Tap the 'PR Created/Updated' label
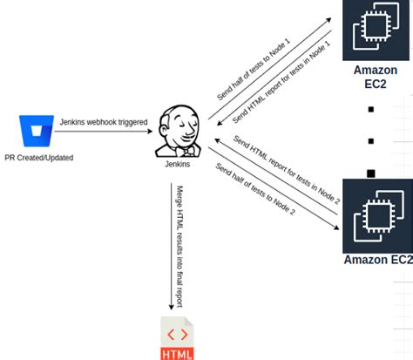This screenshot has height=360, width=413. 38,158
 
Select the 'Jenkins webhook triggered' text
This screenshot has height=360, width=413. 103,122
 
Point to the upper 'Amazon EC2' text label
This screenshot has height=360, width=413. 376,78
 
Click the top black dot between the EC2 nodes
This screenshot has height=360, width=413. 371,110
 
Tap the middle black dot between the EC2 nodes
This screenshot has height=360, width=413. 371,140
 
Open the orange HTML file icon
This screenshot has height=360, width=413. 177,339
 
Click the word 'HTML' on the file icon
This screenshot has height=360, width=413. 177,353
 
